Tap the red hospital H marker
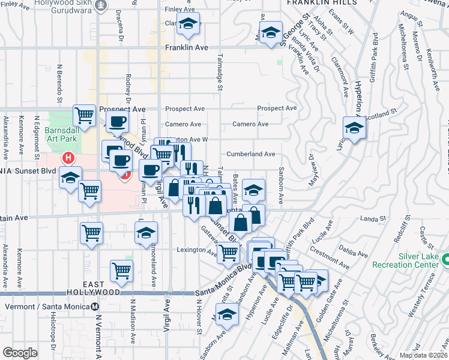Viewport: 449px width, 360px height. tap(68, 158)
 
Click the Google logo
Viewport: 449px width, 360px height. tap(20, 353)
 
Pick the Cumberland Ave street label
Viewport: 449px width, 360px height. tap(250, 154)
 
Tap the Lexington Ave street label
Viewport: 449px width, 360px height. tap(195, 250)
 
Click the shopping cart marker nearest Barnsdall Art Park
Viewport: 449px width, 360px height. tap(85, 114)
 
